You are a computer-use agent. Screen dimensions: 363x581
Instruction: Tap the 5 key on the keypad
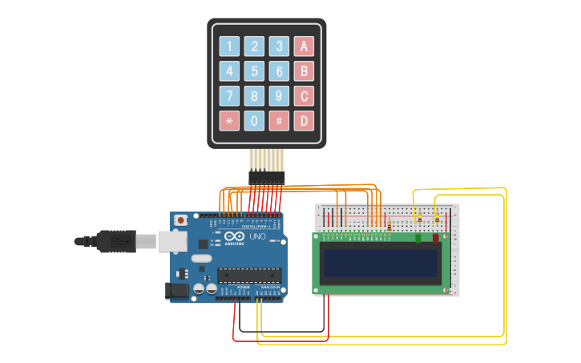[x=255, y=71]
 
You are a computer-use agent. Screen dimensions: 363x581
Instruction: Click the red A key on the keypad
[x=304, y=46]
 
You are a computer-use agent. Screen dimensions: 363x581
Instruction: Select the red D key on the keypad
[x=304, y=121]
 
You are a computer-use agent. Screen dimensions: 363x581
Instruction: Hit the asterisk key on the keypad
[x=230, y=121]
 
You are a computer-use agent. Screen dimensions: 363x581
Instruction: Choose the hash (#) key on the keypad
[x=279, y=121]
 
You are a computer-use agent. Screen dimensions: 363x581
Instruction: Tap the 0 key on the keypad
[x=255, y=121]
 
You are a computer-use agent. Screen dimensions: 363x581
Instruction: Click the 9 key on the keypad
[x=279, y=96]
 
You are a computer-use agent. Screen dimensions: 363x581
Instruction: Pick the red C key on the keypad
[x=304, y=96]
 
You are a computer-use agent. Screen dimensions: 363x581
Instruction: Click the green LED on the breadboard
[x=418, y=237]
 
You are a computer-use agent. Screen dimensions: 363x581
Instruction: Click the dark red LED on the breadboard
[x=436, y=237]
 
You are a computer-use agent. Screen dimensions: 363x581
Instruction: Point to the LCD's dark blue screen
[x=380, y=260]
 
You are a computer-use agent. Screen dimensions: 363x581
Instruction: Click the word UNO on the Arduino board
[x=258, y=238]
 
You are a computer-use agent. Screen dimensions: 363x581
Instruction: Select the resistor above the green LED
[x=419, y=220]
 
